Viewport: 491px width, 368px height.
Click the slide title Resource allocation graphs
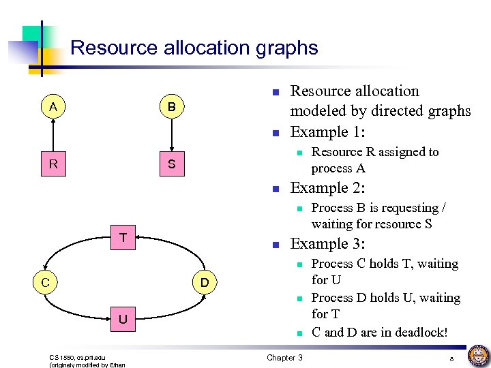[194, 48]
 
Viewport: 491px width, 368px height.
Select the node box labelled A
[53, 106]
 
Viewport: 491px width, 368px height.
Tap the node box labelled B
[171, 107]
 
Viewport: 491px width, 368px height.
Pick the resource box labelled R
[53, 164]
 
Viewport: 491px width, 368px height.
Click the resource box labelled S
[171, 164]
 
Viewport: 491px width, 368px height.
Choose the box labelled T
[123, 238]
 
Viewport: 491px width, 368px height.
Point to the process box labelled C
[44, 281]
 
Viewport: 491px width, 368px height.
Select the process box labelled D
[204, 281]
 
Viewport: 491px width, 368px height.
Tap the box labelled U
[123, 319]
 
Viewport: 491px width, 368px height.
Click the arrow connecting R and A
[53, 135]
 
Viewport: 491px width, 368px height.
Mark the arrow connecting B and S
[171, 135]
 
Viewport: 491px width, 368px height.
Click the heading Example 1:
[327, 132]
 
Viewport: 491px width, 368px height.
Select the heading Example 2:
[327, 188]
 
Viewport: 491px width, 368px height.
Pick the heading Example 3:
[327, 244]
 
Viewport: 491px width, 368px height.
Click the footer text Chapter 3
[284, 358]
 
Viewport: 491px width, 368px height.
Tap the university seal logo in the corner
[478, 356]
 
